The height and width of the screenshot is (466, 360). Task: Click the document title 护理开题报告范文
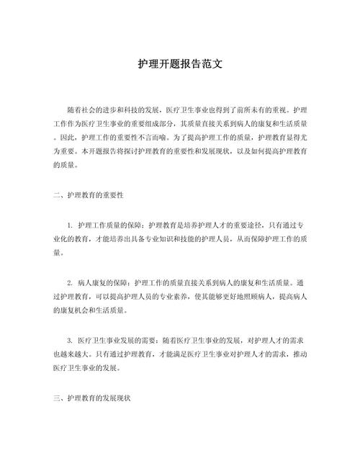pos(180,63)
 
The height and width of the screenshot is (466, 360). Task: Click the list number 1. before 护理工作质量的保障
pos(70,225)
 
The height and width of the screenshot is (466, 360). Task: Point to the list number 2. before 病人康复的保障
pos(70,282)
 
